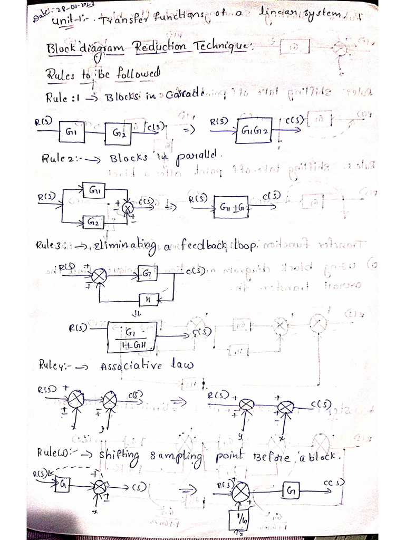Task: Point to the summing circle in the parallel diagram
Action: [x=127, y=207]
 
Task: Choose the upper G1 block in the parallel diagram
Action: [x=95, y=189]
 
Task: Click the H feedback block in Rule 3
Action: [x=149, y=300]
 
